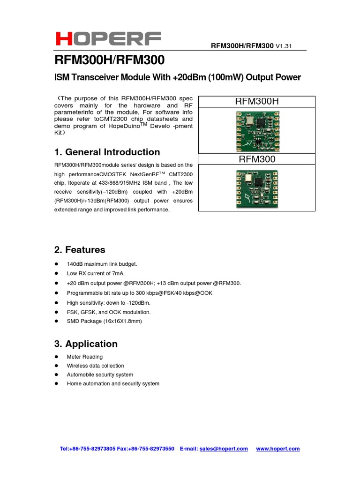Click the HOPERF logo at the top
click(108, 39)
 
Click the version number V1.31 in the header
click(284, 46)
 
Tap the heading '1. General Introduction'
click(107, 152)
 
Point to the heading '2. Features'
click(80, 250)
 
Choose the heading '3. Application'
click(86, 344)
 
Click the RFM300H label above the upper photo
click(256, 101)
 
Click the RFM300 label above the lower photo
click(257, 159)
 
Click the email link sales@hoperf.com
click(224, 449)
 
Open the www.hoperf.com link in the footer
click(278, 449)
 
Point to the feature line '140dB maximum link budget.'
click(102, 264)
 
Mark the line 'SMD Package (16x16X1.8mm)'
click(104, 322)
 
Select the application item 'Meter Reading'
click(85, 357)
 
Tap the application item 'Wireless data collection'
click(96, 366)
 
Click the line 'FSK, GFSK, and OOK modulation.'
click(108, 312)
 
